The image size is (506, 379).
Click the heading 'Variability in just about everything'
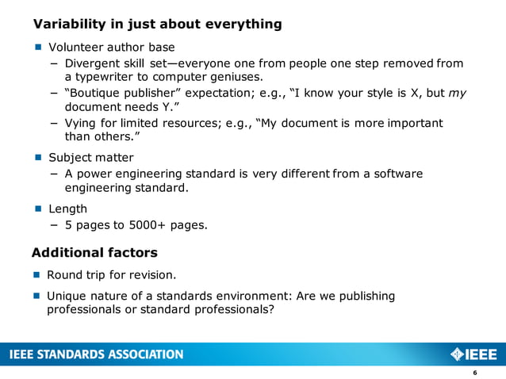[157, 24]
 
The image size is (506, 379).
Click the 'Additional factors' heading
[94, 253]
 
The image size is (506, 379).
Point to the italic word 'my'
[457, 93]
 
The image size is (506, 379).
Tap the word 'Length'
[68, 209]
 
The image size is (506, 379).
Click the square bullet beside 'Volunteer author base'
[37, 48]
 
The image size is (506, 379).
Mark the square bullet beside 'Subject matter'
[37, 158]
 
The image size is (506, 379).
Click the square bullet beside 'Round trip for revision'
[37, 276]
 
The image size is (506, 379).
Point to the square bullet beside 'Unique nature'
[37, 296]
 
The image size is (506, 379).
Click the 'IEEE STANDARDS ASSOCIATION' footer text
[96, 354]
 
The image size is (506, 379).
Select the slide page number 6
[474, 373]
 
